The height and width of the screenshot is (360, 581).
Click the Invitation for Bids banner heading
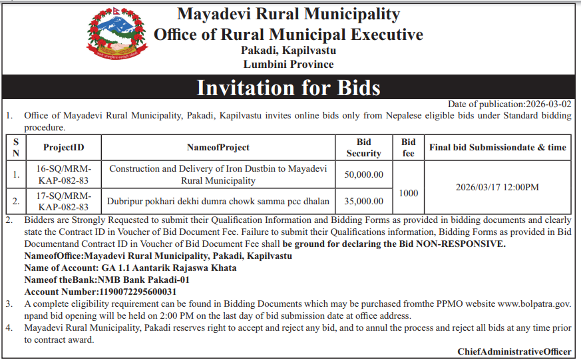[288, 88]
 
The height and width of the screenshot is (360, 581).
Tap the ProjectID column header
[63, 147]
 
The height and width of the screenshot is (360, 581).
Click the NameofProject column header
[218, 147]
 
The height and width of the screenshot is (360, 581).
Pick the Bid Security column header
[363, 147]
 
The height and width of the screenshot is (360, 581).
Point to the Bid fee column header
[409, 147]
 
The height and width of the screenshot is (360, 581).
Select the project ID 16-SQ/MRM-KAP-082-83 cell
[63, 174]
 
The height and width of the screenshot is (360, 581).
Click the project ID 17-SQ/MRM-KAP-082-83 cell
[63, 200]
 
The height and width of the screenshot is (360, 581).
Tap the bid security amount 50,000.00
[364, 175]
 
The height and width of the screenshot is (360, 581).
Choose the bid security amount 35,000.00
[364, 200]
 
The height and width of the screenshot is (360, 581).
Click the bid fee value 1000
[409, 193]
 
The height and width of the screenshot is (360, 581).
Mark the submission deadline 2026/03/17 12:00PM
[497, 188]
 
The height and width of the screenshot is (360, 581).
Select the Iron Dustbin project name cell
[218, 174]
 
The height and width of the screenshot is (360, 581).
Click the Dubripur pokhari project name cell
[218, 200]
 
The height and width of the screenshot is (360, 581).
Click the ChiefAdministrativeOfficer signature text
[514, 351]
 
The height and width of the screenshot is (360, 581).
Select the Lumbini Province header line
[288, 65]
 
